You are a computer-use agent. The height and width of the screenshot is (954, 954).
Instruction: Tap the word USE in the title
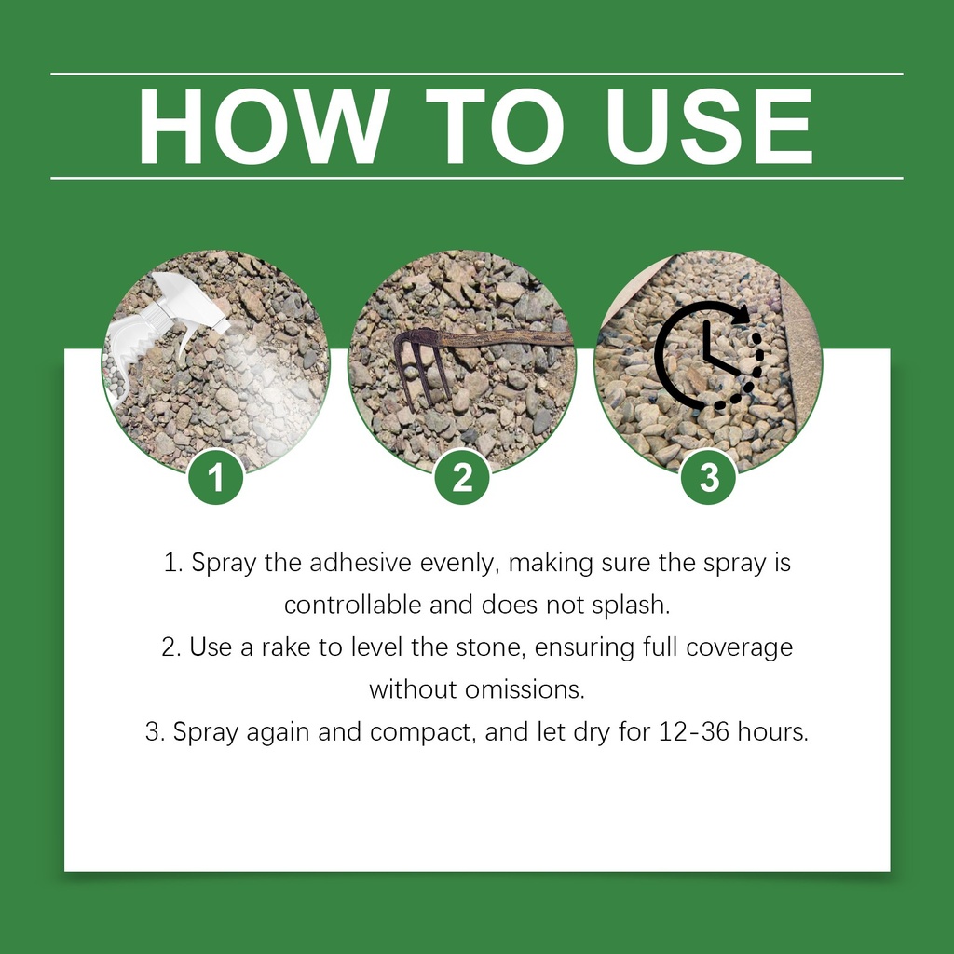pyautogui.click(x=709, y=127)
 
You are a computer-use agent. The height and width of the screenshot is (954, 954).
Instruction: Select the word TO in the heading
pyautogui.click(x=496, y=127)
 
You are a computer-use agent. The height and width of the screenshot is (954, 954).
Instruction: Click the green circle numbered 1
pyautogui.click(x=216, y=477)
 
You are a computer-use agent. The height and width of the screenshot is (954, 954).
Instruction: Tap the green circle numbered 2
pyautogui.click(x=462, y=477)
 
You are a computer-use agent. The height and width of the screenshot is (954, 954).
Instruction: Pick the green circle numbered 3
pyautogui.click(x=709, y=477)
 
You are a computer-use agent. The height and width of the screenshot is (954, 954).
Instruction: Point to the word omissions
pyautogui.click(x=525, y=690)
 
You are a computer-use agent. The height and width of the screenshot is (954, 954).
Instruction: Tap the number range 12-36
pyautogui.click(x=694, y=732)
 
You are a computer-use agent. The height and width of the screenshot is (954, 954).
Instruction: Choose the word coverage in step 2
pyautogui.click(x=740, y=648)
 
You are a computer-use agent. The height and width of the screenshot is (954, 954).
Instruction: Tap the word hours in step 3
pyautogui.click(x=772, y=732)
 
